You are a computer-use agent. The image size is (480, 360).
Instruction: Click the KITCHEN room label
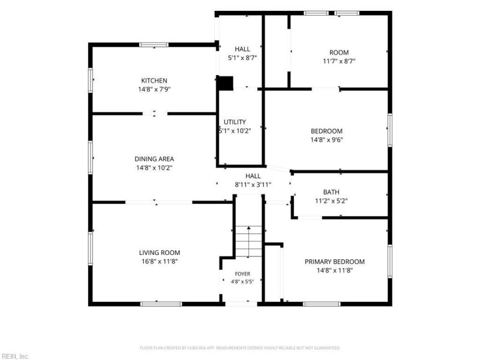[154, 80]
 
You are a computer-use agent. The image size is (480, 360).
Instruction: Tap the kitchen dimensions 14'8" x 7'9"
[154, 89]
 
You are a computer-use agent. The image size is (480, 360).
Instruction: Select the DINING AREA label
[154, 159]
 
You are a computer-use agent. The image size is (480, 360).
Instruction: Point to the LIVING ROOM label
[160, 253]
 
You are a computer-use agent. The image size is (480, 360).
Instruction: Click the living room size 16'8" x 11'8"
[160, 262]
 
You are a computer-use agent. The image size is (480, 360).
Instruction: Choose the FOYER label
[242, 274]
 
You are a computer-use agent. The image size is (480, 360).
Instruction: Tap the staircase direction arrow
[248, 242]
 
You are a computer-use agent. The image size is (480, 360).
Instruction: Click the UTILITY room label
[235, 122]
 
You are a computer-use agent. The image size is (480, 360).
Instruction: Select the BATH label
[331, 192]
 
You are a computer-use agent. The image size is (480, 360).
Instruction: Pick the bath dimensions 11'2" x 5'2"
[331, 201]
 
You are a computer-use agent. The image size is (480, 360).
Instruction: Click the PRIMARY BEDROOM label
[335, 262]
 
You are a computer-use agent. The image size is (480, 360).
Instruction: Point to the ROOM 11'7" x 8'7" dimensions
[339, 61]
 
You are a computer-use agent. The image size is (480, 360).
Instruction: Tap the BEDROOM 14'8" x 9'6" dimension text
[326, 140]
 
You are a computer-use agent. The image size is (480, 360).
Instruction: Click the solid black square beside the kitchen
[226, 83]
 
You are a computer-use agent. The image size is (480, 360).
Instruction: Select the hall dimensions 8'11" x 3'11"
[253, 185]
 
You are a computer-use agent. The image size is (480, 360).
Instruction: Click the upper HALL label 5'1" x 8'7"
[242, 53]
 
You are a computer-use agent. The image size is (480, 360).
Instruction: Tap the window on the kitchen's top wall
[154, 44]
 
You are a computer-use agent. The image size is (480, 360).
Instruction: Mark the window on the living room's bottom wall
[161, 304]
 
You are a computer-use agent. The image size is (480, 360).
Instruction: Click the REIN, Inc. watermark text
[14, 356]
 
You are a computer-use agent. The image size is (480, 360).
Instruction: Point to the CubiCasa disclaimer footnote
[240, 348]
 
